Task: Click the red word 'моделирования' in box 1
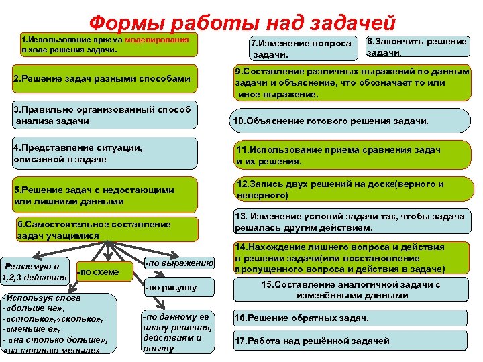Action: pos(160,40)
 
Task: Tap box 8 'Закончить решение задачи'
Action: pos(416,46)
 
